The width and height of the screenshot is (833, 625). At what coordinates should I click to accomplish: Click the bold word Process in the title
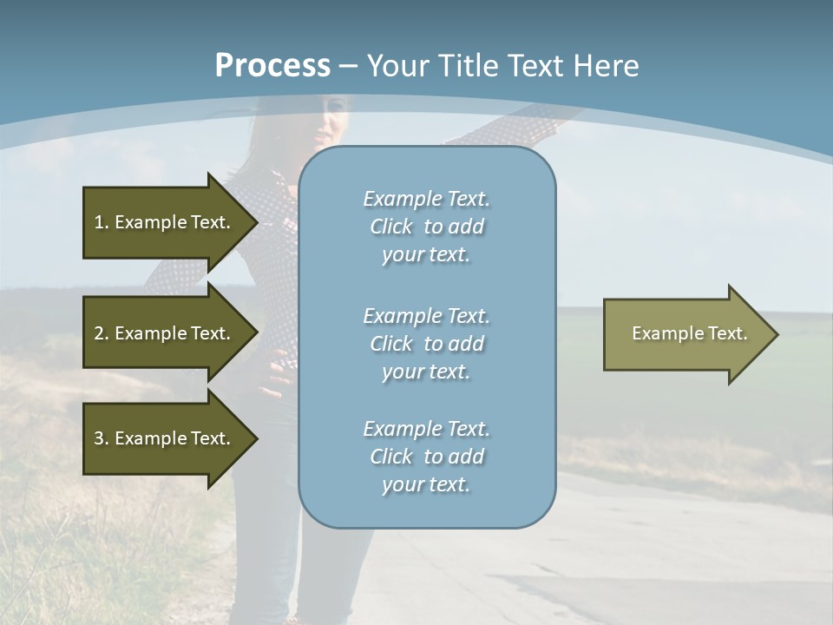272,66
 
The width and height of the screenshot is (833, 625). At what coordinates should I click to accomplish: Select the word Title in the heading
469,66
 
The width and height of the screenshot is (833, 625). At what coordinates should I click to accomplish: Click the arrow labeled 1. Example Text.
165,222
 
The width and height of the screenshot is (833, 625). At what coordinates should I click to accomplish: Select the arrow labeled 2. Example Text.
165,333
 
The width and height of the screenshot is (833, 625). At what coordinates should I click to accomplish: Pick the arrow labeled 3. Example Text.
165,438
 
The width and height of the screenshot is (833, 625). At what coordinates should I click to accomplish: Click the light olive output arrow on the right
685,333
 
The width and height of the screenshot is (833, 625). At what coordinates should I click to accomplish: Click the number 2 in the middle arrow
99,333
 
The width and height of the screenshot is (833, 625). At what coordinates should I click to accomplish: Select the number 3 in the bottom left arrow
99,438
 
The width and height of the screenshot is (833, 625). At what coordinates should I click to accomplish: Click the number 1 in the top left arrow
99,222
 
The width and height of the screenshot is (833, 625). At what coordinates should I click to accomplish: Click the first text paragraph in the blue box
426,227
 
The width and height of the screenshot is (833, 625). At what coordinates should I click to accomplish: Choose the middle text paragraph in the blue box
426,343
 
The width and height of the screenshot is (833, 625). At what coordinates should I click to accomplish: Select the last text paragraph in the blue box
426,457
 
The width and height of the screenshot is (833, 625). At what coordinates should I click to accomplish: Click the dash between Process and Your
348,66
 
